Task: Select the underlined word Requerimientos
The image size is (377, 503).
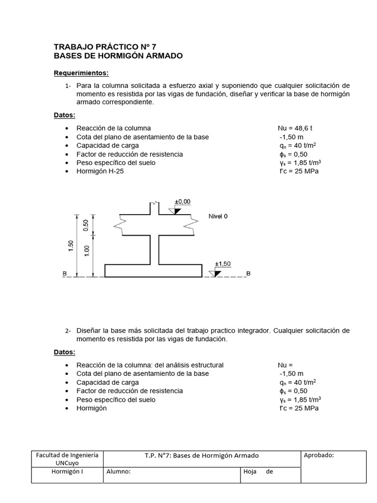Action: click(x=81, y=73)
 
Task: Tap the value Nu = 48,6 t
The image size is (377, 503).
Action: click(x=295, y=128)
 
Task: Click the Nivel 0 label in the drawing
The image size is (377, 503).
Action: click(x=218, y=216)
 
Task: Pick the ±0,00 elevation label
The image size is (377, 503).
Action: click(x=183, y=202)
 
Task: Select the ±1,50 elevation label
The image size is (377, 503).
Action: click(x=222, y=264)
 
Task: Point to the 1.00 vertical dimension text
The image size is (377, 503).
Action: click(x=87, y=250)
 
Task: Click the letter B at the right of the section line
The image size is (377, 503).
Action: click(x=248, y=274)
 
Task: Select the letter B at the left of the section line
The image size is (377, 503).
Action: click(x=65, y=274)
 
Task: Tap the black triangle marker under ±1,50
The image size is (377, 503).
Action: click(x=215, y=273)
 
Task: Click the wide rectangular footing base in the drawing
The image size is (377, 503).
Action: click(x=154, y=271)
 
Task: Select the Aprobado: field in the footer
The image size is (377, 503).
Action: click(x=319, y=455)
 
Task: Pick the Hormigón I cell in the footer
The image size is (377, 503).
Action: click(x=67, y=472)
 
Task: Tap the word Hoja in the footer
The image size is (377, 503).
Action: click(x=250, y=472)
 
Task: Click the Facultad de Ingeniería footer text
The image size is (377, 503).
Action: click(x=67, y=455)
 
